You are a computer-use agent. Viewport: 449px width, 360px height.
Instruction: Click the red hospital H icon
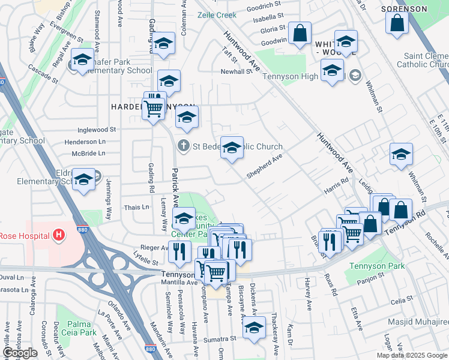58,235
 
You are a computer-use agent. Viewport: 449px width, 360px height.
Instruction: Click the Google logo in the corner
20,353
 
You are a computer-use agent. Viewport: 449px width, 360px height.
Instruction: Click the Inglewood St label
97,130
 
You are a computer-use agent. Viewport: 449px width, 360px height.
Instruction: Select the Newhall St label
237,71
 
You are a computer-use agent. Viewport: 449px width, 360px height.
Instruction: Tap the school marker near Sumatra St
254,328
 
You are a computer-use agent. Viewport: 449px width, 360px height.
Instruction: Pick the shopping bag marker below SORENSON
397,23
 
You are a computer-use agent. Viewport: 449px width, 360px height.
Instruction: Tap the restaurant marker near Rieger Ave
179,250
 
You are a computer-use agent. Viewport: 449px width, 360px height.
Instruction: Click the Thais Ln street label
136,207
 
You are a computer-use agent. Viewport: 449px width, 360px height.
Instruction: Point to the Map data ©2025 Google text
412,355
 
